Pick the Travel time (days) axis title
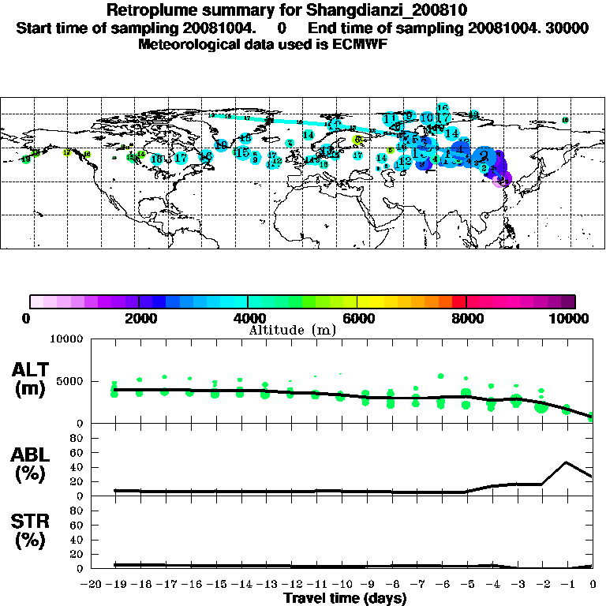click(x=344, y=599)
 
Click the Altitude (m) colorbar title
click(x=292, y=330)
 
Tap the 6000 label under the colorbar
click(x=357, y=319)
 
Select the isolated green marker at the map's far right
click(x=565, y=120)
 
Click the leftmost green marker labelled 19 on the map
click(x=26, y=159)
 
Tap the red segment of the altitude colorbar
click(x=459, y=301)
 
